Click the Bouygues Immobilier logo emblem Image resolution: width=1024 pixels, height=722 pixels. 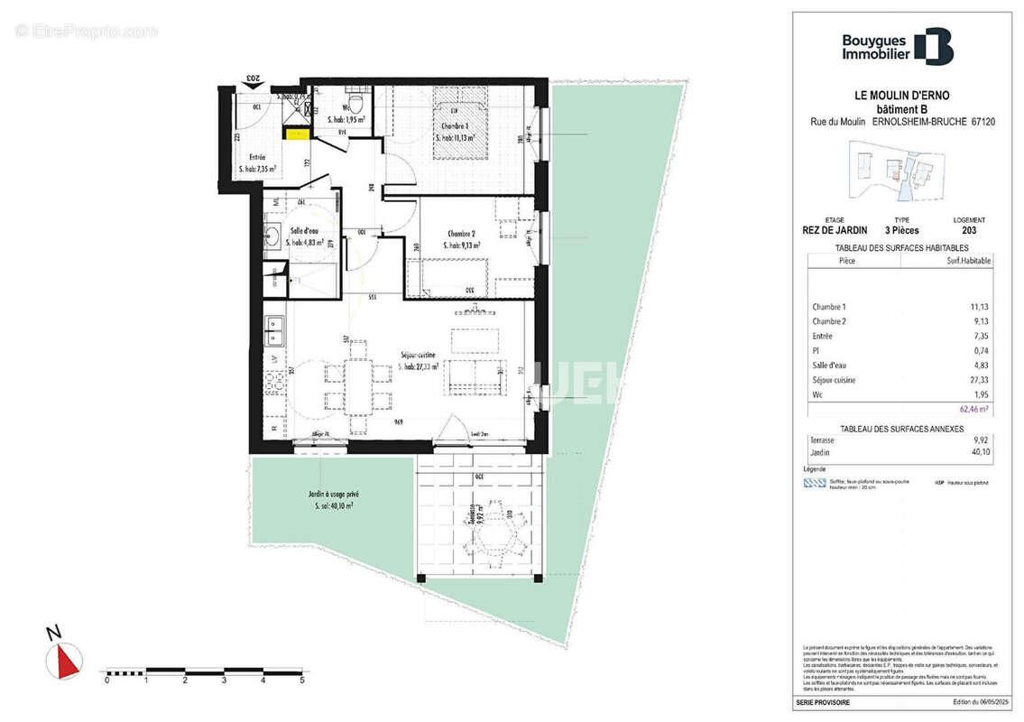point(933,47)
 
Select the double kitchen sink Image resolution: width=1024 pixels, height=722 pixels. point(274,331)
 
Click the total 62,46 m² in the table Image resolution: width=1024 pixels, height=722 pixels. point(974,408)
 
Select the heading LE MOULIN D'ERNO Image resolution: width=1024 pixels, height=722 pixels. point(901,95)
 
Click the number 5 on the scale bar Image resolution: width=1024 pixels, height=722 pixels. point(302,680)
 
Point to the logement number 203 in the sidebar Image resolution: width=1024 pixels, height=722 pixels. point(969,229)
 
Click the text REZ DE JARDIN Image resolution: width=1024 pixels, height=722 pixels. point(835,229)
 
